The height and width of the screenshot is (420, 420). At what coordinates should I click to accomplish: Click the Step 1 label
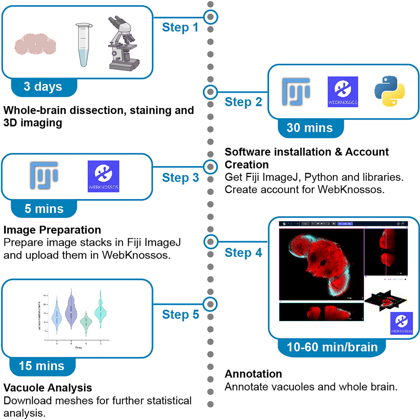pyautogui.click(x=180, y=28)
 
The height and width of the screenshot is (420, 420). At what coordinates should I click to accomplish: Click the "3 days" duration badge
pyautogui.click(x=43, y=87)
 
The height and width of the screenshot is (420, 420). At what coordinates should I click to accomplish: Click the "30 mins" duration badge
pyautogui.click(x=310, y=127)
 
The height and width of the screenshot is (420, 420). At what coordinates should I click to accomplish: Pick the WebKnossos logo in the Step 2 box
pyautogui.click(x=342, y=92)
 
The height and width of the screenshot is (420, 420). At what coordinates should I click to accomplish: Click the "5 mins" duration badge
pyautogui.click(x=44, y=209)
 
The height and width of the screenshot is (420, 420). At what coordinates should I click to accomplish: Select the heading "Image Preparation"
pyautogui.click(x=52, y=230)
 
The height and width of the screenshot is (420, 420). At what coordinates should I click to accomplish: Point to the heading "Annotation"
pyautogui.click(x=253, y=374)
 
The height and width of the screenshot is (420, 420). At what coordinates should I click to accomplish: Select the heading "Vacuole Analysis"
pyautogui.click(x=48, y=387)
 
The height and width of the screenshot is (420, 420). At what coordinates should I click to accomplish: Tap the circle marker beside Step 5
pyautogui.click(x=210, y=303)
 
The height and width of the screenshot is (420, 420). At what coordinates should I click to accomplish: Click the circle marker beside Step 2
pyautogui.click(x=210, y=91)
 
